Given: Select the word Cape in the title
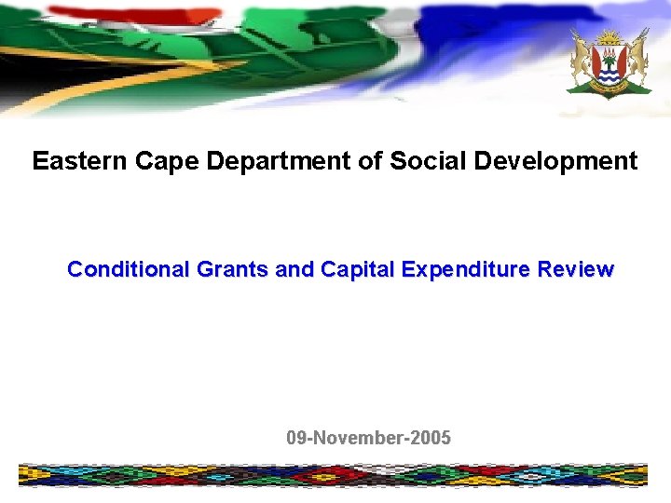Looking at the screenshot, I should [x=168, y=161].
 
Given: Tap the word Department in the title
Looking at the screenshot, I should [x=278, y=161].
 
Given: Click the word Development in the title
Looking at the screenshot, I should [x=555, y=161].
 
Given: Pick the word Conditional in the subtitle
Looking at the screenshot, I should [x=129, y=270].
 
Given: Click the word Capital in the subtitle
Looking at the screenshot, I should [x=359, y=270].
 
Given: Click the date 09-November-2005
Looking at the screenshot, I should [x=368, y=438].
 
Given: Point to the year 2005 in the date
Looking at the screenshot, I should [x=430, y=438].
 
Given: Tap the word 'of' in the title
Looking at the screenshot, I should [x=370, y=161].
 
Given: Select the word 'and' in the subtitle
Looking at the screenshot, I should [x=295, y=270].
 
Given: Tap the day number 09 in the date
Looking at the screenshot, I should [x=296, y=438].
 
